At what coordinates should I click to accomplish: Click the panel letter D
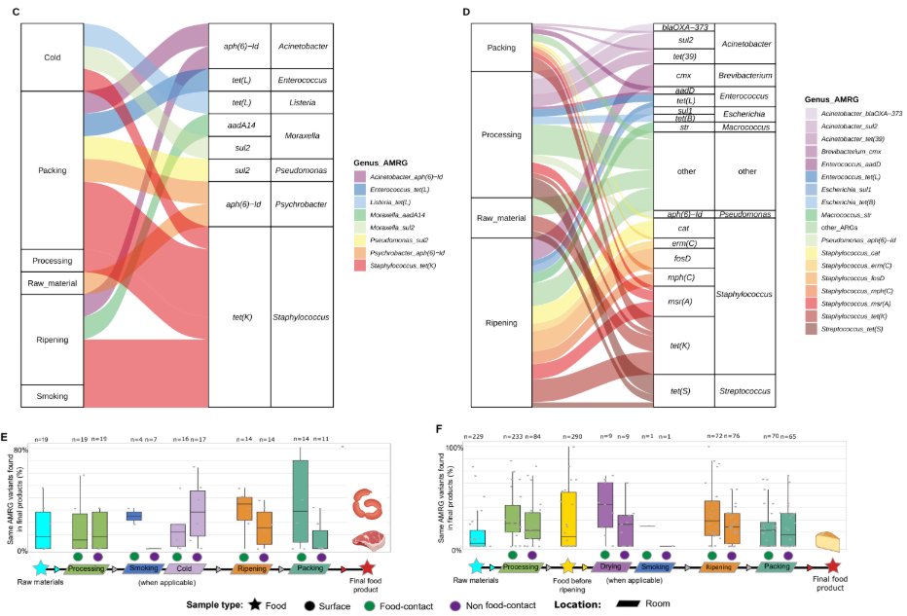click(467, 10)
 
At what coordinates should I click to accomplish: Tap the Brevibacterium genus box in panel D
click(745, 74)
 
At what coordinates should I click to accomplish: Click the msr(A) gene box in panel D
click(683, 301)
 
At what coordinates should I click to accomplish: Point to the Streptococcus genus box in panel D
click(745, 391)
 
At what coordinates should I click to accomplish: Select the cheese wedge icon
click(828, 540)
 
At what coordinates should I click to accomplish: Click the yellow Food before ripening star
click(568, 564)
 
